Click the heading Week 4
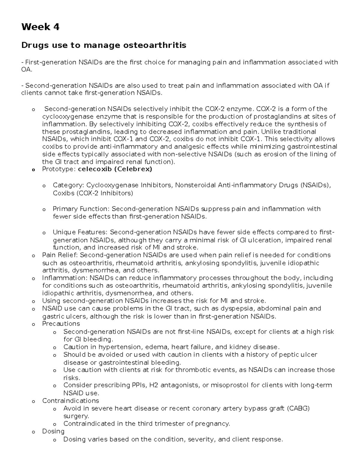[x=40, y=27]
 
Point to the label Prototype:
[x=59, y=169]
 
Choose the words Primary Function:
[x=81, y=209]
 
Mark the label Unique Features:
[x=80, y=232]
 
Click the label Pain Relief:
[x=60, y=255]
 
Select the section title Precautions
[x=61, y=324]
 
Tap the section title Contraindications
[x=70, y=401]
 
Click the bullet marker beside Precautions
[x=33, y=324]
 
